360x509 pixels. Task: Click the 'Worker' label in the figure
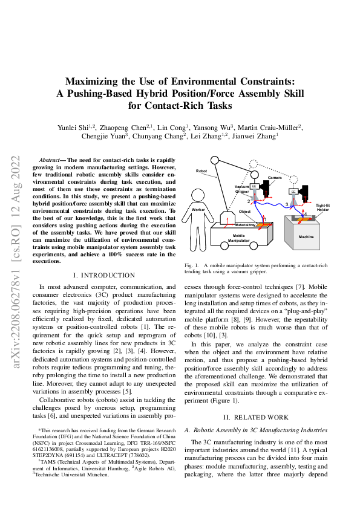coord(198,209)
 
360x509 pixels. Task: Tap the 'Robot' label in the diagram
coord(201,171)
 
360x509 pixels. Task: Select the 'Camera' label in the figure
coord(275,178)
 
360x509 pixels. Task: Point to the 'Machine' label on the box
coord(306,237)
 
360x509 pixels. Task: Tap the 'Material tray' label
coord(245,225)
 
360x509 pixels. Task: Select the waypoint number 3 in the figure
coord(286,204)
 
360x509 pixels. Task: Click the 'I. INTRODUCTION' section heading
coord(103,275)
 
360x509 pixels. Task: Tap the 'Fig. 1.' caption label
coord(192,265)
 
